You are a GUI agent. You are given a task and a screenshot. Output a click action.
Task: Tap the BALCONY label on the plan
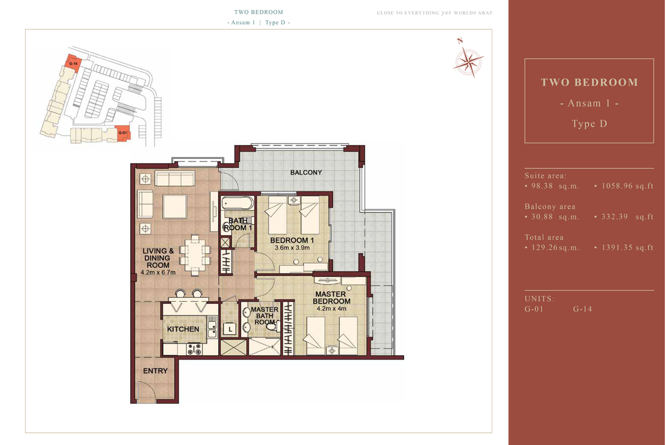(306, 173)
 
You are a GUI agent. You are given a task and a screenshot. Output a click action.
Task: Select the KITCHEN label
(183, 329)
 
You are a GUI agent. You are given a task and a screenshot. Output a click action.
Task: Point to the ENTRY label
(155, 371)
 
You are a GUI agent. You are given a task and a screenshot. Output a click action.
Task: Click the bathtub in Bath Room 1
(237, 203)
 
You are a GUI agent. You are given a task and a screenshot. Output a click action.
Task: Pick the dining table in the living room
(195, 255)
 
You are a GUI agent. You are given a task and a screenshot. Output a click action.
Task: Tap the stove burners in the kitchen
(194, 349)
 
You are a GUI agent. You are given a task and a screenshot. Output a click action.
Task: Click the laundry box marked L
(230, 329)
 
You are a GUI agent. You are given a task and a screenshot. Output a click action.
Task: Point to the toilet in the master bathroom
(273, 326)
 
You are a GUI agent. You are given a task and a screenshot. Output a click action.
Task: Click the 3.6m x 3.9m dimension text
(292, 247)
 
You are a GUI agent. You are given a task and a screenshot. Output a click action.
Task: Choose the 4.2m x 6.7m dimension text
(158, 272)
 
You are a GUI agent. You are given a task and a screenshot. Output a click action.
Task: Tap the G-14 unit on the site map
(73, 63)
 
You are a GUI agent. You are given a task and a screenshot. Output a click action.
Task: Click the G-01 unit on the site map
(123, 133)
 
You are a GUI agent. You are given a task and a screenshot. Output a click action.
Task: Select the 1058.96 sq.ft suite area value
(627, 186)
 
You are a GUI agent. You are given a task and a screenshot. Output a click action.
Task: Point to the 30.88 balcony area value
(542, 217)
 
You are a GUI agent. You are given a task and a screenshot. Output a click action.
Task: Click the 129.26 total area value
(544, 247)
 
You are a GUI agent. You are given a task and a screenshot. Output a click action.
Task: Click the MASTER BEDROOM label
(331, 297)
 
